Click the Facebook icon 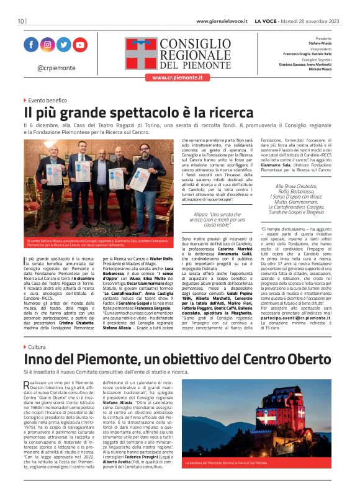[x=31, y=45]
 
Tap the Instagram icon [x=47, y=45]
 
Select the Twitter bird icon [x=63, y=45]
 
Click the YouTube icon [x=80, y=45]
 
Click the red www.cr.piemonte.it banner [x=178, y=78]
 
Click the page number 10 [x=20, y=21]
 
